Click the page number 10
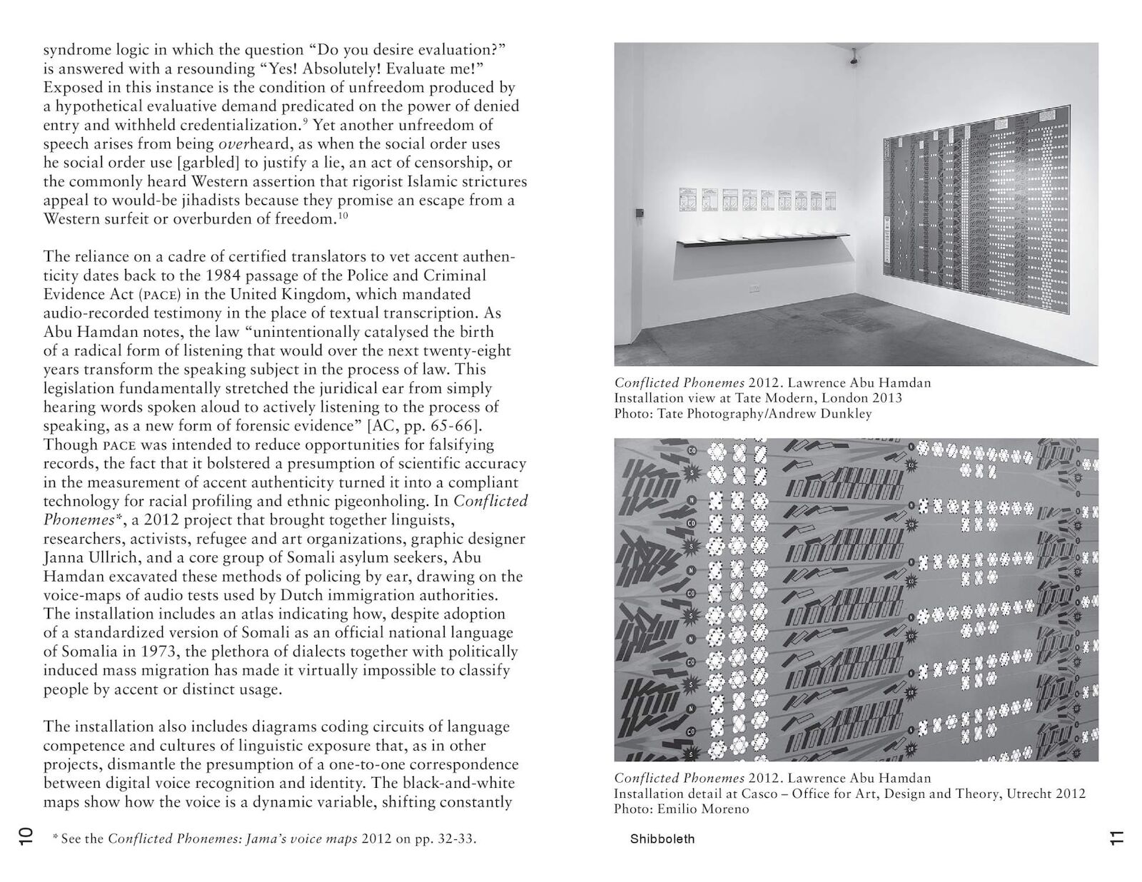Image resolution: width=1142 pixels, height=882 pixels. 24,838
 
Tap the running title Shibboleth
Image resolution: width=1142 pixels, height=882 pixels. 662,839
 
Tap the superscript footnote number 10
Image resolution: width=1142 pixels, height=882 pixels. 343,216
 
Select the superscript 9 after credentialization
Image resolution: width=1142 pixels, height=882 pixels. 305,122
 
